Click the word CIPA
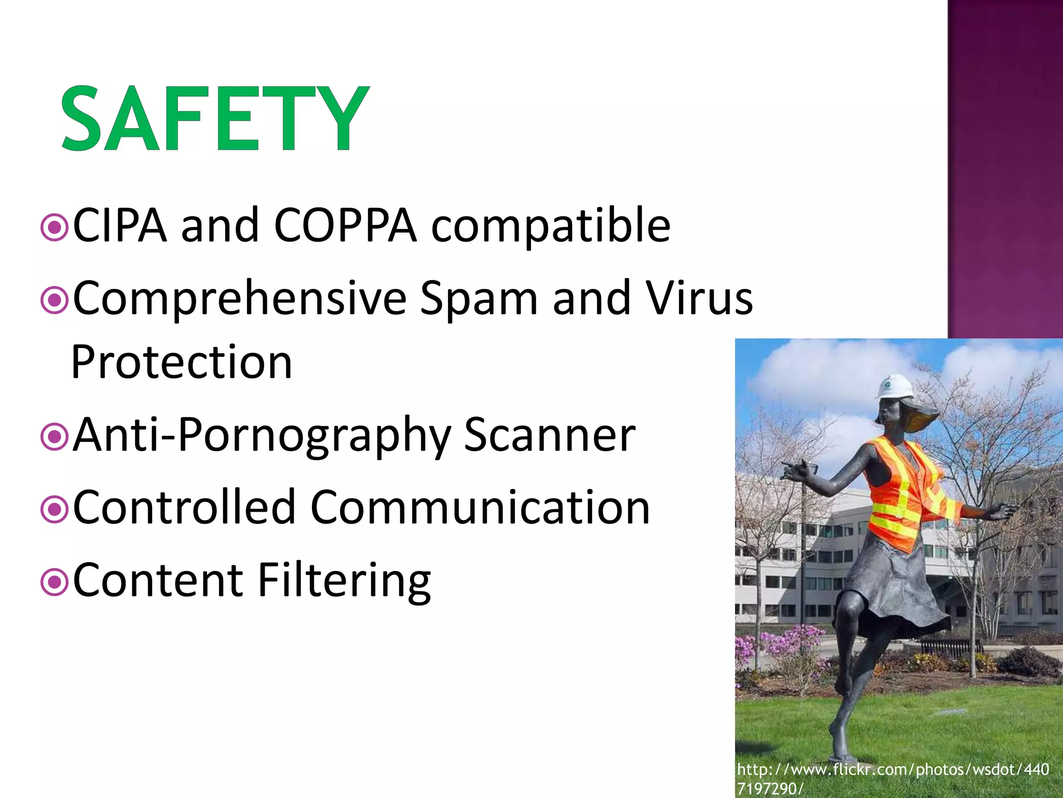point(119,225)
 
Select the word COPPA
point(345,225)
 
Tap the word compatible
point(551,226)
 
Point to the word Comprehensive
point(239,299)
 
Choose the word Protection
point(182,362)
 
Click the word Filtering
point(344,580)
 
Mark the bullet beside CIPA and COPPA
point(54,227)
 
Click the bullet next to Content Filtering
point(54,582)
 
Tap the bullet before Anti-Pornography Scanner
point(54,437)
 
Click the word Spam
point(479,299)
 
